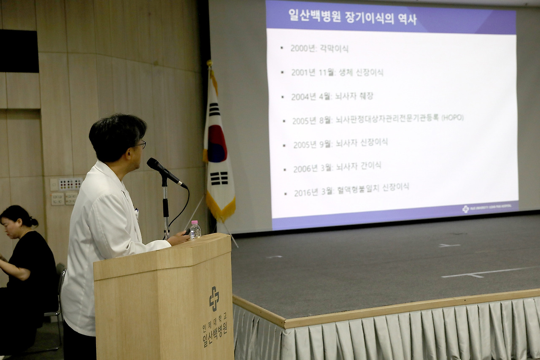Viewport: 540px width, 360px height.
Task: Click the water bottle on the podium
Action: [x=195, y=230]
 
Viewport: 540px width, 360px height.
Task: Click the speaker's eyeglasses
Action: [x=141, y=144]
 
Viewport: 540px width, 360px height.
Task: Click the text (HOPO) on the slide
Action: [x=452, y=118]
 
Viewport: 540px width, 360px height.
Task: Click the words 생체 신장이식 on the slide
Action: [x=361, y=73]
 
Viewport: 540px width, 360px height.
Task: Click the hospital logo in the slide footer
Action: [x=466, y=209]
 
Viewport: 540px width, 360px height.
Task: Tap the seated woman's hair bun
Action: [x=34, y=222]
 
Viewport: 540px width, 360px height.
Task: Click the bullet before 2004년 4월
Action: [x=283, y=97]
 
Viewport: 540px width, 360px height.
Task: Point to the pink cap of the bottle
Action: [x=194, y=222]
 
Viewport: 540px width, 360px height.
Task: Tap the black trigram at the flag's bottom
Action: [x=219, y=179]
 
